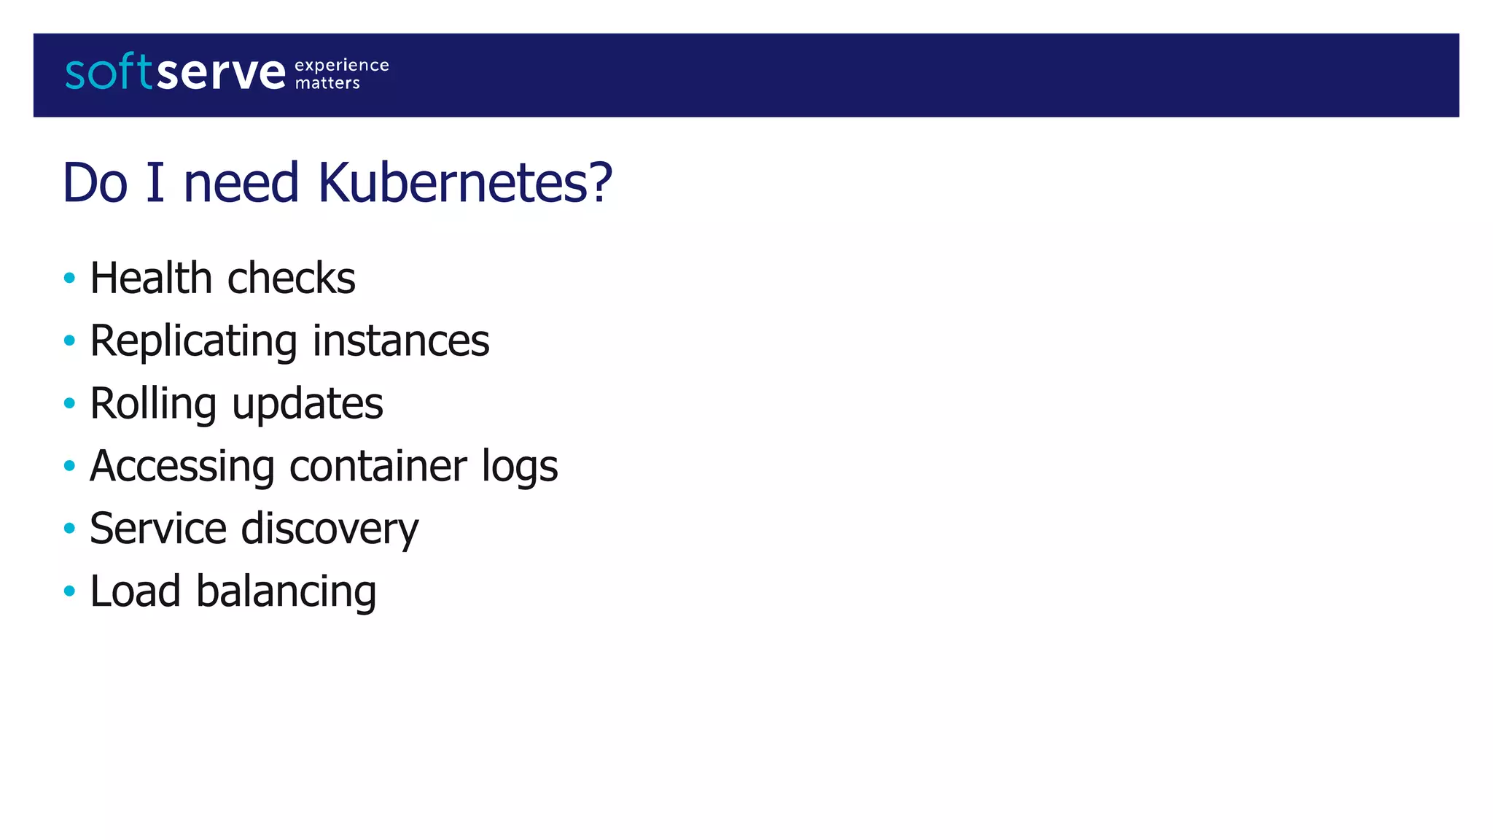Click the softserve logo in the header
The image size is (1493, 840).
click(x=175, y=72)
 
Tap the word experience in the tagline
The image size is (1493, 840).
click(x=341, y=65)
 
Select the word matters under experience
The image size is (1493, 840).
click(x=327, y=83)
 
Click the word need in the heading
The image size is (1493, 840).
click(x=241, y=182)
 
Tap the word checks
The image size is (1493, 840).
click(x=292, y=278)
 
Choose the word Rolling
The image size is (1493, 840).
click(x=153, y=404)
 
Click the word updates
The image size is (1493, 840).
click(x=307, y=404)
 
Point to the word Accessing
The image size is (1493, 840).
click(x=182, y=466)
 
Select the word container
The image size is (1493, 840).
click(x=377, y=466)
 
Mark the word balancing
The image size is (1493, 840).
click(x=286, y=591)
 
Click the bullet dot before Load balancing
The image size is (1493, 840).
click(x=69, y=591)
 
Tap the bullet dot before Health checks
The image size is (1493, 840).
click(x=69, y=278)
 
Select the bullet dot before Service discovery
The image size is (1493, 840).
click(x=69, y=528)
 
